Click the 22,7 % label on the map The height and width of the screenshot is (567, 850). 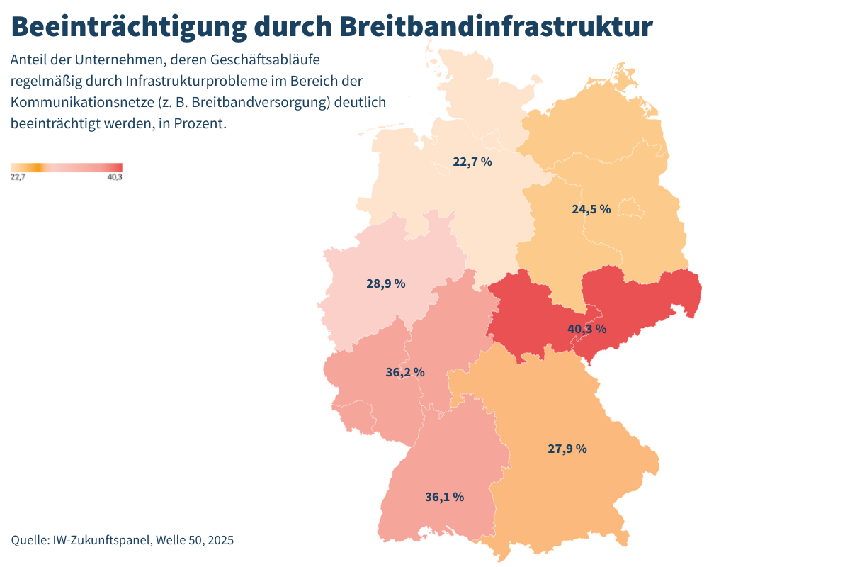pyautogui.click(x=472, y=162)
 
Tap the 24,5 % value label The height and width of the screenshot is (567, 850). pyautogui.click(x=591, y=209)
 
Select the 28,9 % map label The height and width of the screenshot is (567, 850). pyautogui.click(x=385, y=283)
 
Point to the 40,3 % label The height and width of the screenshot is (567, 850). pyautogui.click(x=586, y=329)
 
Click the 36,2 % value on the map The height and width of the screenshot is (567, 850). pyautogui.click(x=405, y=372)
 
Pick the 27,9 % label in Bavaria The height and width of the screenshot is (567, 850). pyautogui.click(x=567, y=449)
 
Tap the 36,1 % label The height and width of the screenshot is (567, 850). pyautogui.click(x=444, y=497)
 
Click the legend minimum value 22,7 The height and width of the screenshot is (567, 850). pyautogui.click(x=18, y=177)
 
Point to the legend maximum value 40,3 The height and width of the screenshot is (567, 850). pyautogui.click(x=115, y=177)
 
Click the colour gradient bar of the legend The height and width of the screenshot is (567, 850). pyautogui.click(x=67, y=167)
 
